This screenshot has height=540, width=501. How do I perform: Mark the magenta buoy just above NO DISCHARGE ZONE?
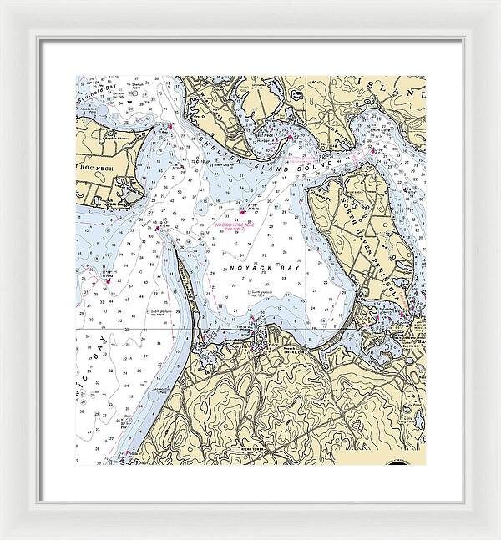click(243, 212)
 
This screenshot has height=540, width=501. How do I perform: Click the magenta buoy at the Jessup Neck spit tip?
click(157, 226)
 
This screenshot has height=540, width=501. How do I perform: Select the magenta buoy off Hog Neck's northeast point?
click(170, 127)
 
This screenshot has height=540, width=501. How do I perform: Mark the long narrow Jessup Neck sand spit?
click(187, 284)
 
